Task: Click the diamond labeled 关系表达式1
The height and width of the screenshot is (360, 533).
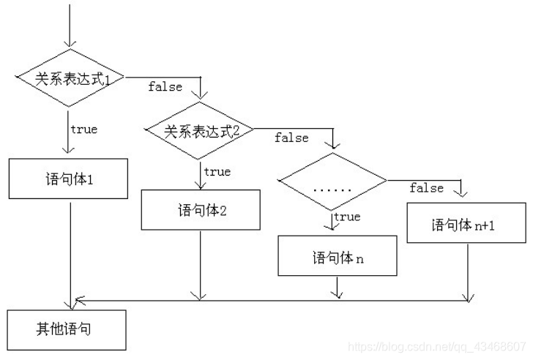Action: coord(70,78)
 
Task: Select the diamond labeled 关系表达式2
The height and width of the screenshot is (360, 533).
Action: coord(199,131)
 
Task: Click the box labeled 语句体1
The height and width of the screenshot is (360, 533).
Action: coord(69,179)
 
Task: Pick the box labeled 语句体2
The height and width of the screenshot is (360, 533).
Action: coord(200,211)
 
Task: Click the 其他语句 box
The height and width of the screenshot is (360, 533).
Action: coord(66,329)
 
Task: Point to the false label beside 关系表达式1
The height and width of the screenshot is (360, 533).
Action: coord(165,86)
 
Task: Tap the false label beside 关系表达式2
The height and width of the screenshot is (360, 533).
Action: coord(291,138)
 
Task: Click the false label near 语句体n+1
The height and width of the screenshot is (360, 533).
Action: coord(427,188)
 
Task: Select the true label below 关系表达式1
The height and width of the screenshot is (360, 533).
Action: coord(83,130)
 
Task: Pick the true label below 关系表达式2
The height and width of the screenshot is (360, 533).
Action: coord(217,172)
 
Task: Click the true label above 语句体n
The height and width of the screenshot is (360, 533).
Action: coord(347,217)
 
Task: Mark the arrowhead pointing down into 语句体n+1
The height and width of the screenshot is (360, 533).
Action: coord(461,192)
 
